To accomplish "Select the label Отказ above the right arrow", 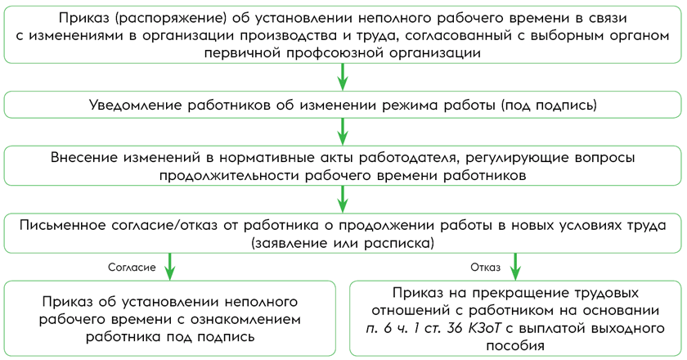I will (485, 268).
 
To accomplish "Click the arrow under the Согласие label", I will (170, 267).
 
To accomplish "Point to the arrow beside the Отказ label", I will (515, 267).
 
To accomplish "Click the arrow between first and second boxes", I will (343, 78).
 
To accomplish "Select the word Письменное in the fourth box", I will (61, 225).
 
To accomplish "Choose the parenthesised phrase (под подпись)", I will (549, 106).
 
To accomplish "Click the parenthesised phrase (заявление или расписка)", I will (343, 243).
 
